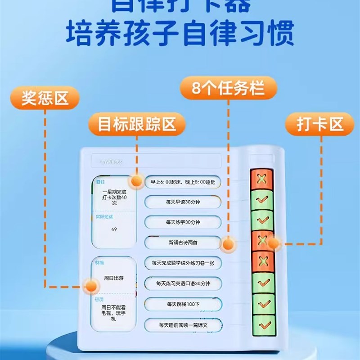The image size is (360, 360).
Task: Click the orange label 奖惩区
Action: tap(45, 99)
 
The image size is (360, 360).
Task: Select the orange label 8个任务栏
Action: tap(228, 87)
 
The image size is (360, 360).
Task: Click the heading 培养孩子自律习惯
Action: tap(180, 32)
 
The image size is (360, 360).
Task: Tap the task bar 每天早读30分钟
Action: tap(183, 202)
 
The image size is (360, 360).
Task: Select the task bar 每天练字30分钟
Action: tap(183, 222)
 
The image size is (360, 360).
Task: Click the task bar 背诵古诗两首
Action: tap(183, 243)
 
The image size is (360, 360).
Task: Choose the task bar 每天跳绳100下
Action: tap(183, 304)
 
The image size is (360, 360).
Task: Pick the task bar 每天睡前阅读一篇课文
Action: tap(183, 324)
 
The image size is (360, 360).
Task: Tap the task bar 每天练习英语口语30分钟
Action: tap(183, 283)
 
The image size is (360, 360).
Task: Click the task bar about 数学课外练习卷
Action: tap(183, 263)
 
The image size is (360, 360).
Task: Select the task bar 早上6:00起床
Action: tap(183, 182)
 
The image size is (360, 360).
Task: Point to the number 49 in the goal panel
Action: tap(114, 229)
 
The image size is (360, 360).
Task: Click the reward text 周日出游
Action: tap(114, 278)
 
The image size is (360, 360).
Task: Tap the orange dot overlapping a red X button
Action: tap(274, 243)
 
